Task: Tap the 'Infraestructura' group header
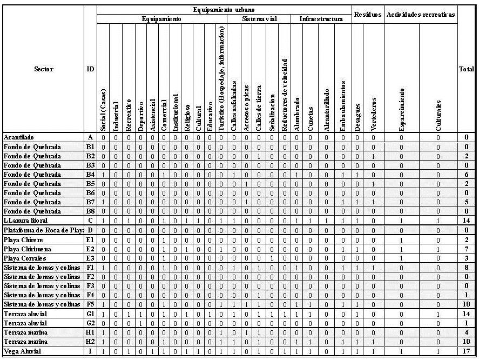[321, 19]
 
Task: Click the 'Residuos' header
[367, 15]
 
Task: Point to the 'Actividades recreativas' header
[421, 15]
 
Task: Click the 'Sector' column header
[44, 69]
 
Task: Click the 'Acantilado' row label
[18, 138]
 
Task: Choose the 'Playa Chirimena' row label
[27, 249]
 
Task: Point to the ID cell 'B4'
[90, 175]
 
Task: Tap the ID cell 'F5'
[90, 305]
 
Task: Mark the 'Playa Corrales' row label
[25, 258]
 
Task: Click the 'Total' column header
[467, 69]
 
